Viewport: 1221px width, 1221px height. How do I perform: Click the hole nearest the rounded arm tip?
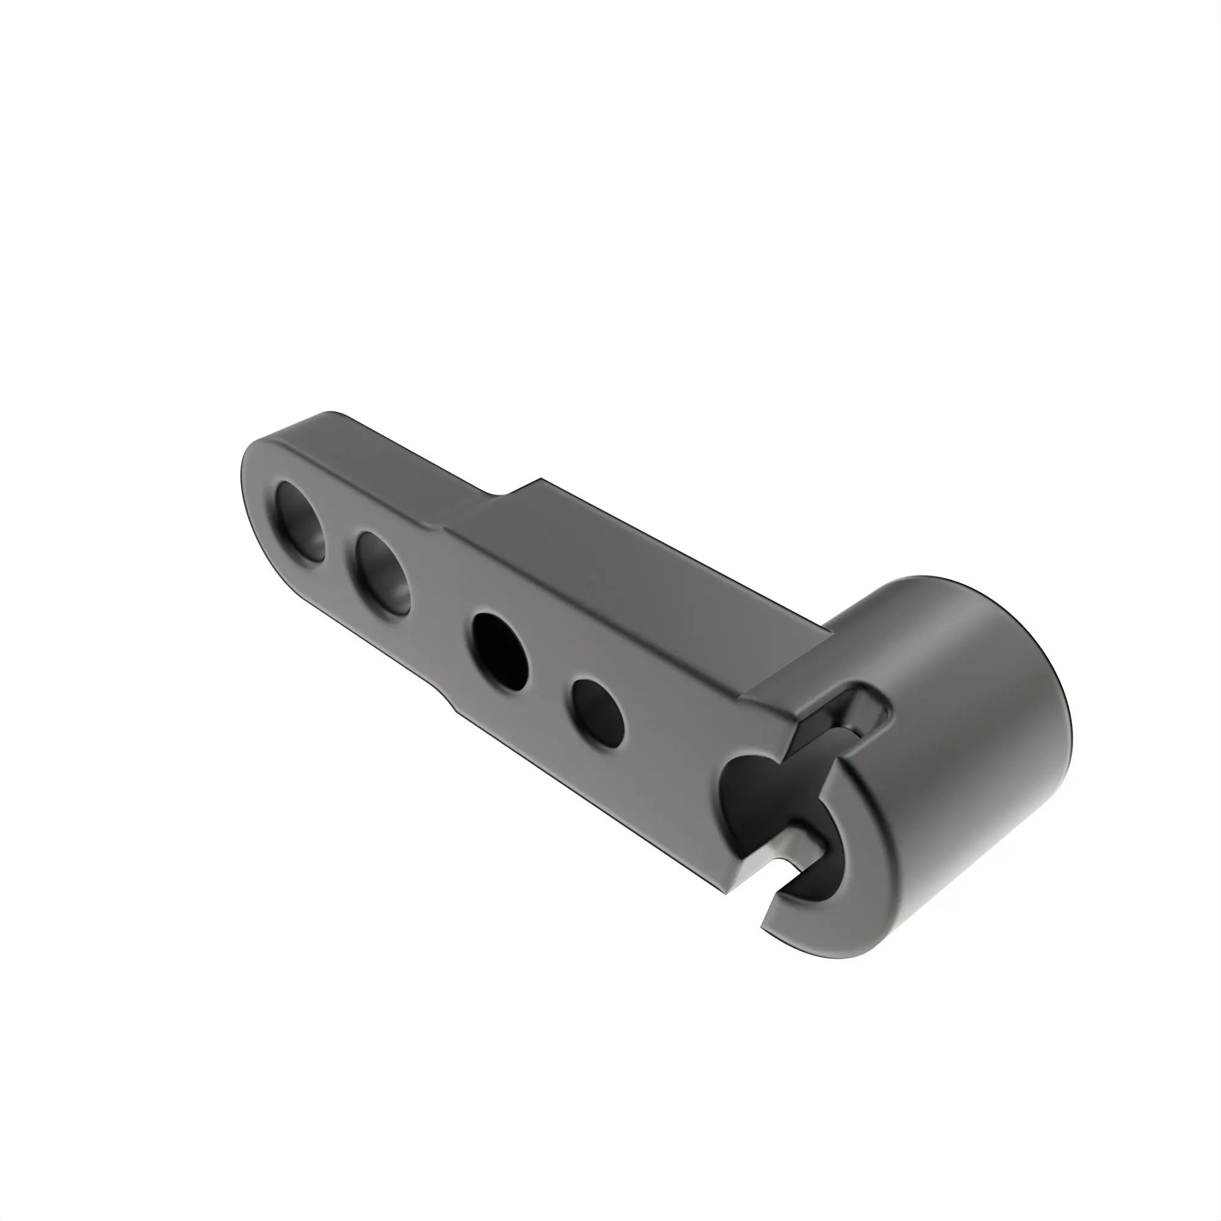[301, 522]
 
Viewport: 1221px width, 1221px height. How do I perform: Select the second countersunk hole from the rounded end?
[381, 573]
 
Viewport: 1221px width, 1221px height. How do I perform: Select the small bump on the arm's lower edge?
[452, 704]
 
